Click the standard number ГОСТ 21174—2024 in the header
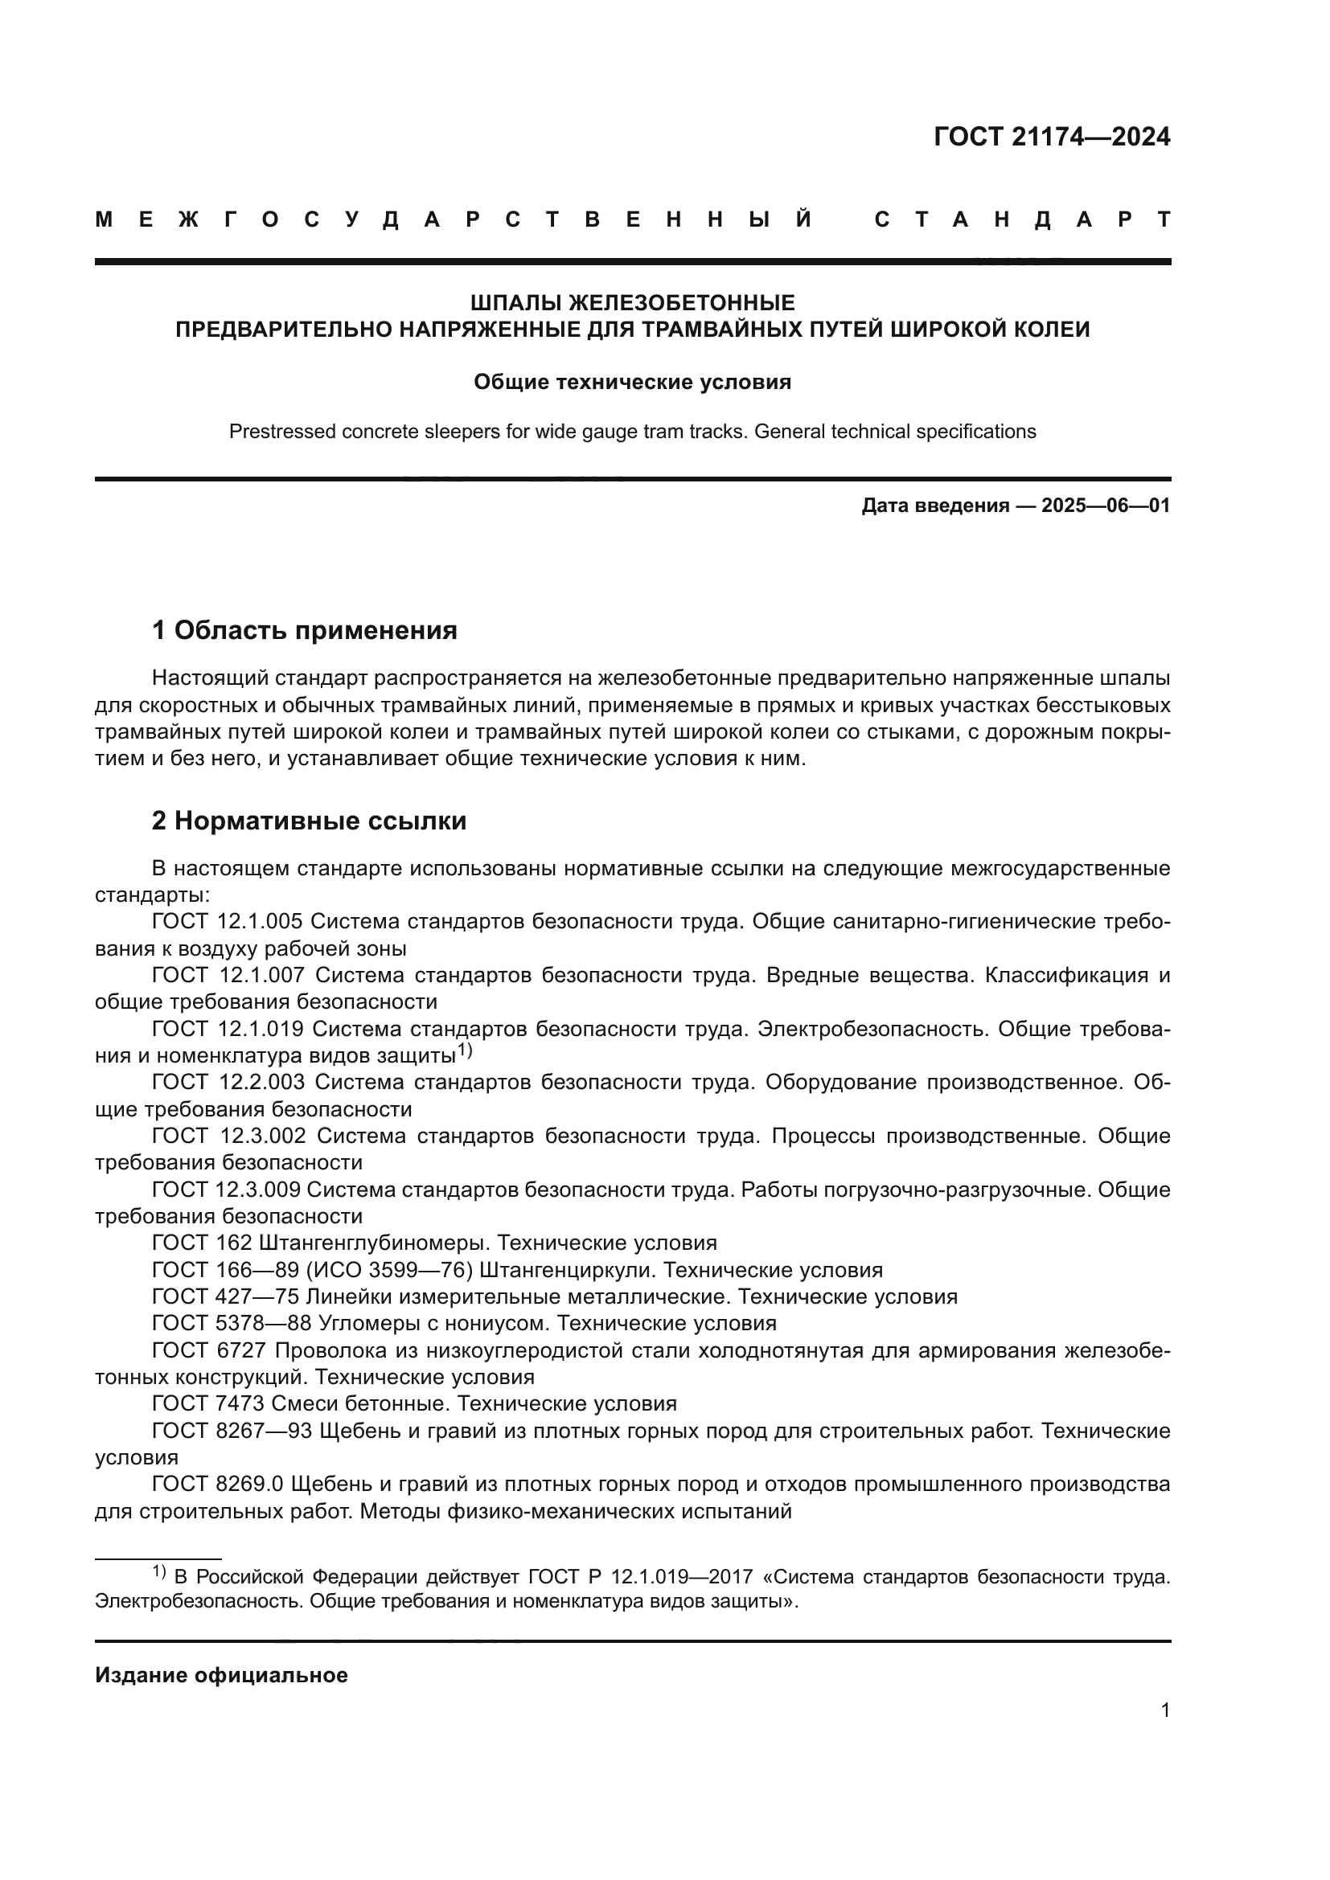[x=1052, y=137]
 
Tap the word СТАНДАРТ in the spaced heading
[x=1022, y=219]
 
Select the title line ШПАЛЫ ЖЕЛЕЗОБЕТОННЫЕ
[x=632, y=303]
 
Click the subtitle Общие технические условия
[x=632, y=383]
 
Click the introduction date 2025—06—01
[x=1106, y=506]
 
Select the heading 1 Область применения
[x=304, y=630]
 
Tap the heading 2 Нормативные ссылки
[x=309, y=821]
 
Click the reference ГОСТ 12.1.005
[x=227, y=922]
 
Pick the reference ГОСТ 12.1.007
[x=228, y=975]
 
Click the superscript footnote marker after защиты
[x=464, y=1050]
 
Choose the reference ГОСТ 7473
[x=208, y=1403]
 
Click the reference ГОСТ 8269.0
[x=217, y=1484]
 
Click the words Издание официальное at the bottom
[x=221, y=1675]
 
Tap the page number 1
[x=1164, y=1710]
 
